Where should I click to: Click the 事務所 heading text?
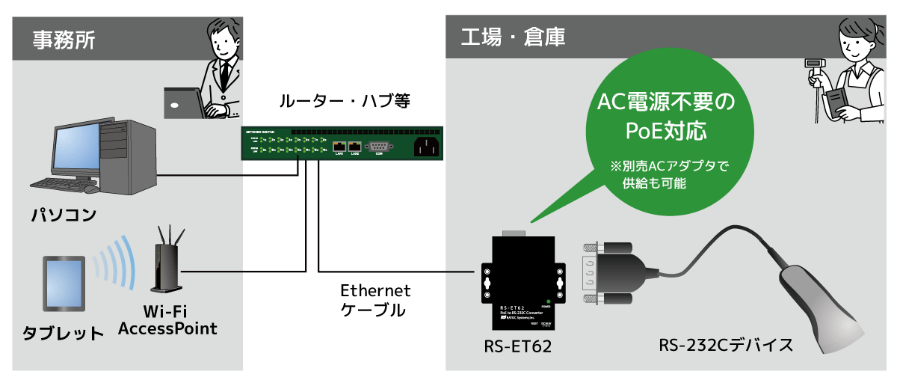64,37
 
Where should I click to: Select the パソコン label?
64,215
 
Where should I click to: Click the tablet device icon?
63,284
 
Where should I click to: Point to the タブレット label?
63,333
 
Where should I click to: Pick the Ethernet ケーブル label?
375,300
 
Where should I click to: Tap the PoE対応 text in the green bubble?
665,132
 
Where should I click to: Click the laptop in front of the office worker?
182,102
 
